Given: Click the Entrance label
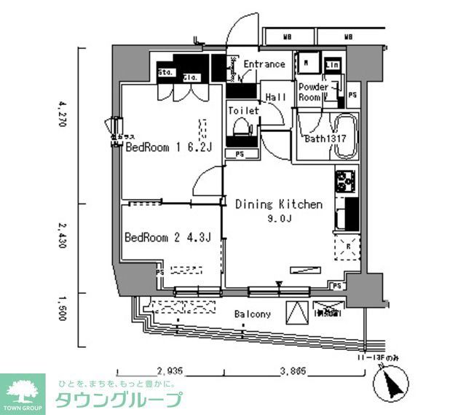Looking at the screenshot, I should (x=264, y=64).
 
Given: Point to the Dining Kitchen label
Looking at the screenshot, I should (x=278, y=204).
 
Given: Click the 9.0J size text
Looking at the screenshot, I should (x=278, y=218).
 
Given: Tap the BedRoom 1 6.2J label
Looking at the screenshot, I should (x=168, y=147).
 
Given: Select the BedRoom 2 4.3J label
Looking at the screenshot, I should (x=167, y=237).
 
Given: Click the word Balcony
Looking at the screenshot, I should (x=253, y=314).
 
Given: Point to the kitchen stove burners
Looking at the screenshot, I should (x=344, y=179).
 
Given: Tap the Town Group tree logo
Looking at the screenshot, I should (x=22, y=390).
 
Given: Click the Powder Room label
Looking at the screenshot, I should (x=312, y=93).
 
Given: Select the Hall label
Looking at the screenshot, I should (x=275, y=97).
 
